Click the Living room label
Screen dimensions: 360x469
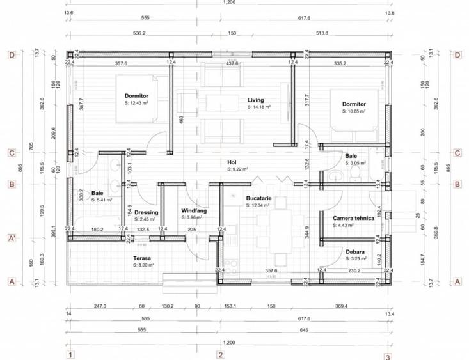[x=256, y=100]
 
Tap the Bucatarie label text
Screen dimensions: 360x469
[x=259, y=198]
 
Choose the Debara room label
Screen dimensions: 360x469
[x=355, y=252]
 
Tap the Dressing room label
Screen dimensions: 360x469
[x=146, y=212]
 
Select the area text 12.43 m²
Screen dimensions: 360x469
[x=138, y=103]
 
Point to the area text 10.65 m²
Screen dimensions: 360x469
[x=355, y=111]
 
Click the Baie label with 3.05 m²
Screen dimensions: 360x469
[x=351, y=156]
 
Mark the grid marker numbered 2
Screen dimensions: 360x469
[x=220, y=354]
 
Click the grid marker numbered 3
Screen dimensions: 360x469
[x=387, y=356]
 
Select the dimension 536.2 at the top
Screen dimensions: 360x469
[x=139, y=33]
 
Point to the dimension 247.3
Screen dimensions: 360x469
[x=99, y=306]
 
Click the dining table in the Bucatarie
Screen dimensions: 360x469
[x=279, y=230]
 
